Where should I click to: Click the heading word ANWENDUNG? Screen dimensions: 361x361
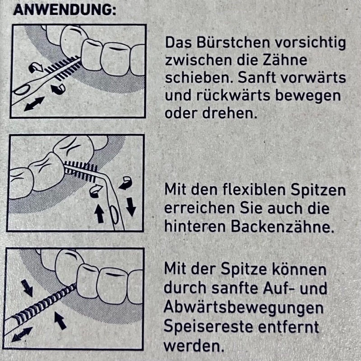(63, 10)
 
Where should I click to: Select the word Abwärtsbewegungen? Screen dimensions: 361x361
(244, 308)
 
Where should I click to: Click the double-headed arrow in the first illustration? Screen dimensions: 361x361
(34, 104)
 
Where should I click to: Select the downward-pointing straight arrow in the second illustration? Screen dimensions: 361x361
(131, 207)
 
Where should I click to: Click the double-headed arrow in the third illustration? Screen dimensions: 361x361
(22, 334)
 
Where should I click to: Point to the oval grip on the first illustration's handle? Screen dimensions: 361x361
(22, 89)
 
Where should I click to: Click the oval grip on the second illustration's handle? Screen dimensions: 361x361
(115, 215)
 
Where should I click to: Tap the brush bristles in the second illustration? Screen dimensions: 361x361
(81, 171)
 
